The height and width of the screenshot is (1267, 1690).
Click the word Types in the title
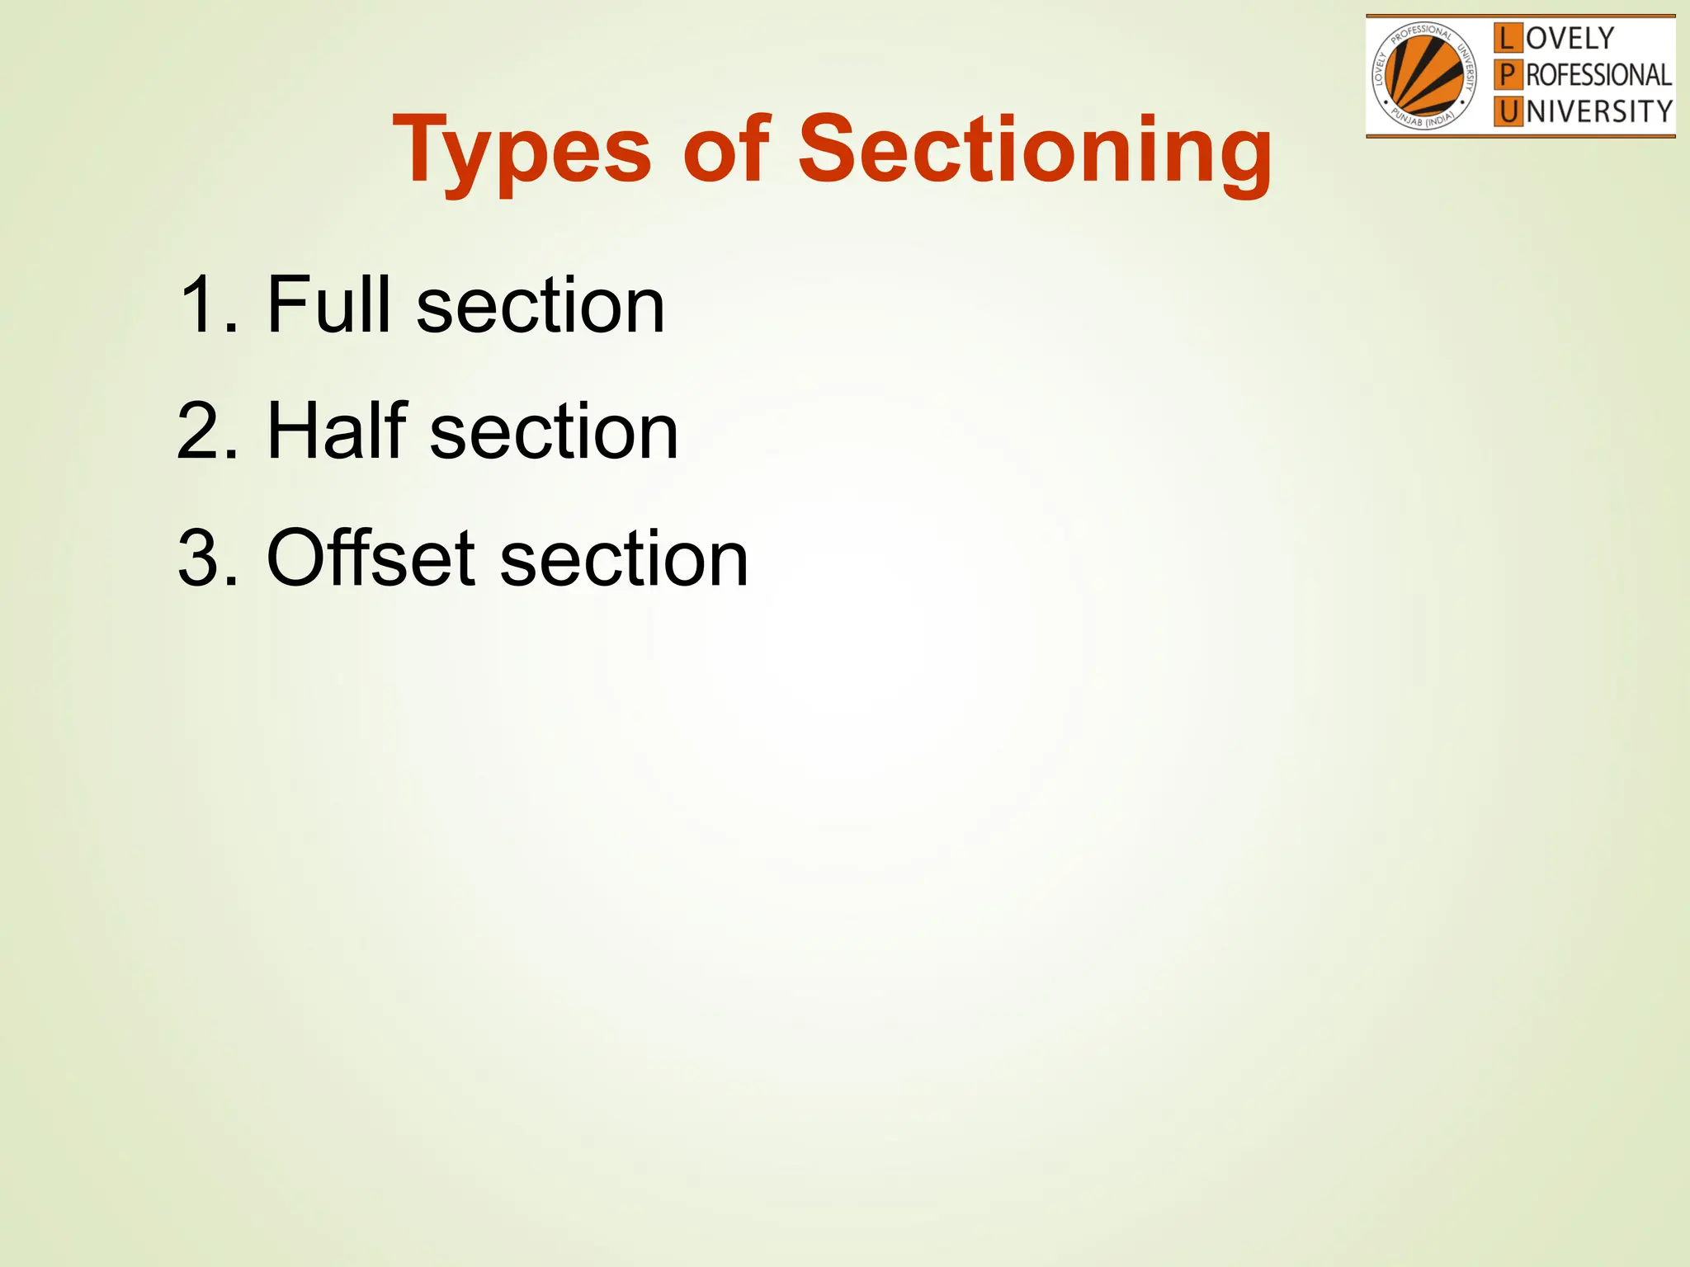coord(522,151)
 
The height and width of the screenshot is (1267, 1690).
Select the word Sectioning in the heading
coord(1035,151)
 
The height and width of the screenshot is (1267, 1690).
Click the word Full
coord(328,304)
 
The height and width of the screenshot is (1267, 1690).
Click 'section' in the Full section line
coord(541,306)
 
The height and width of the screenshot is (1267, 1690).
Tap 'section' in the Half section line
coord(554,431)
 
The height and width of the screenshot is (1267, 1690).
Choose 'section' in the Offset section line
coord(624,559)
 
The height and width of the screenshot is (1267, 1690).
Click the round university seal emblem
coord(1423,76)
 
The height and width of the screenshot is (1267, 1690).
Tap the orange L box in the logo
coord(1508,38)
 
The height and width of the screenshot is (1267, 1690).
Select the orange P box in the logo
coord(1508,75)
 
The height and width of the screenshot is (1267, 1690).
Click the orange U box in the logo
coord(1508,111)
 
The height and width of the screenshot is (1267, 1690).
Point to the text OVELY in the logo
coord(1570,38)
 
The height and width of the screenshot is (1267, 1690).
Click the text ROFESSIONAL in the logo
coord(1598,75)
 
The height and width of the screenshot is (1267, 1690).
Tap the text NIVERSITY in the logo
coord(1599,111)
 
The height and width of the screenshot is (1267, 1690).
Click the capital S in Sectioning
coord(829,148)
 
